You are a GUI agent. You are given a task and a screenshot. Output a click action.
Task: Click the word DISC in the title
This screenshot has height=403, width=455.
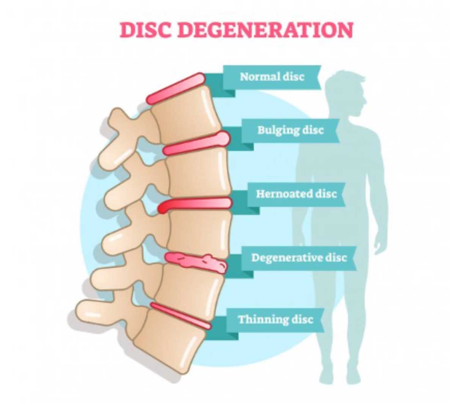[145, 30]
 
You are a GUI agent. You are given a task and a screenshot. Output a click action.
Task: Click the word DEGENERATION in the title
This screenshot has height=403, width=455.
[265, 30]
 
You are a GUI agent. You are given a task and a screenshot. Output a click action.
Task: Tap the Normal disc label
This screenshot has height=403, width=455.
[272, 77]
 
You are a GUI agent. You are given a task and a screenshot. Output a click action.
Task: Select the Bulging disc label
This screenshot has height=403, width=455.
[290, 130]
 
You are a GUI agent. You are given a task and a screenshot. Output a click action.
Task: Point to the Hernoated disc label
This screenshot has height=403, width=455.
[296, 194]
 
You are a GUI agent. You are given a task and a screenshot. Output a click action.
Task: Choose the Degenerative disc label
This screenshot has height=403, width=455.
[299, 258]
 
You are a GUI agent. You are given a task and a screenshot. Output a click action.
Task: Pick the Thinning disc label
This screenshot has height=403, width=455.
[275, 319]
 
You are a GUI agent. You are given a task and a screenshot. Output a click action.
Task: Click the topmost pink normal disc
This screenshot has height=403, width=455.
[176, 88]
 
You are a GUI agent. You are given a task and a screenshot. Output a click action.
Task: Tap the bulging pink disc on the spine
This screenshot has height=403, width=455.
[196, 143]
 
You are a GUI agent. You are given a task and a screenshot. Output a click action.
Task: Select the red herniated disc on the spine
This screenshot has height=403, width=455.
[195, 205]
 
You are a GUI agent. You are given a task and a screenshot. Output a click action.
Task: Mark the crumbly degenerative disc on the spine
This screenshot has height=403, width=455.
[196, 263]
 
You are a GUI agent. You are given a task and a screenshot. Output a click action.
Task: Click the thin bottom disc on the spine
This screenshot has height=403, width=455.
[180, 316]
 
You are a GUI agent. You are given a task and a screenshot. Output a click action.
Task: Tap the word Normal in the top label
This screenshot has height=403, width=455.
[259, 77]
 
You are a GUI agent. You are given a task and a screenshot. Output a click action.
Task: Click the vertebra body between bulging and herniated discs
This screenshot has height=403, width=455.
[199, 172]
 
